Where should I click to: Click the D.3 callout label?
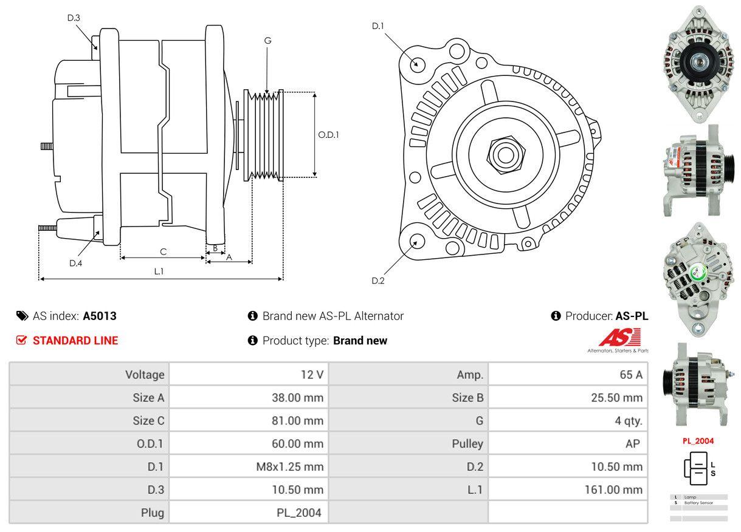click(x=74, y=18)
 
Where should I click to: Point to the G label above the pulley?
click(x=267, y=41)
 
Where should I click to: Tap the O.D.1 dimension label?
click(x=328, y=135)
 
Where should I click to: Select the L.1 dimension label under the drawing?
click(x=159, y=271)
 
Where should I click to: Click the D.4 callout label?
click(x=75, y=263)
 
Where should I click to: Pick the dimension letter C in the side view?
click(x=163, y=251)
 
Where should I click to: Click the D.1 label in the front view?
click(x=378, y=26)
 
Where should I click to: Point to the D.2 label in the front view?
click(x=378, y=281)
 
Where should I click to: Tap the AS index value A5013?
click(x=100, y=316)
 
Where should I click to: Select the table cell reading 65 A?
click(x=630, y=375)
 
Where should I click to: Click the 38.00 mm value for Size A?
click(x=297, y=398)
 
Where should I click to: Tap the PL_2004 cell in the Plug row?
click(x=298, y=513)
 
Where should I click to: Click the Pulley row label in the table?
click(x=467, y=443)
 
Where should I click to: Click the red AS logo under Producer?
click(x=619, y=338)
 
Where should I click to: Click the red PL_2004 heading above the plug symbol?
click(x=698, y=441)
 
